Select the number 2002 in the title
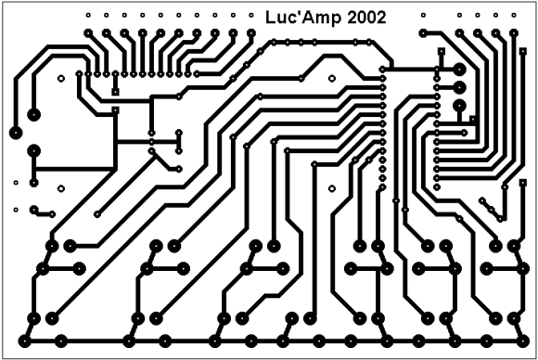tap(366, 18)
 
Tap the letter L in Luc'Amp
tap(270, 18)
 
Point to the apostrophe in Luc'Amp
tap(298, 13)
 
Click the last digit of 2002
tap(381, 18)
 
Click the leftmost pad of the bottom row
tap(25, 341)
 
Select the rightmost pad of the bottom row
tap(523, 341)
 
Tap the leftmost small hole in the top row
tap(88, 15)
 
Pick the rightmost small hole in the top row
tap(514, 15)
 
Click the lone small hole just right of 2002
tap(423, 15)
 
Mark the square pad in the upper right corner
tap(523, 51)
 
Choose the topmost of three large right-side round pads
tap(459, 70)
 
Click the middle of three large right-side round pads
tap(459, 88)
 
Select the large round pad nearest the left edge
tap(16, 134)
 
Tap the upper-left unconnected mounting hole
tap(61, 79)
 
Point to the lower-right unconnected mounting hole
tap(332, 188)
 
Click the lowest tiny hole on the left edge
tap(16, 210)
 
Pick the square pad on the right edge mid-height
tap(523, 183)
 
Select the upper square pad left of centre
tap(116, 92)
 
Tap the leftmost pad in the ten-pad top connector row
tap(88, 33)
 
